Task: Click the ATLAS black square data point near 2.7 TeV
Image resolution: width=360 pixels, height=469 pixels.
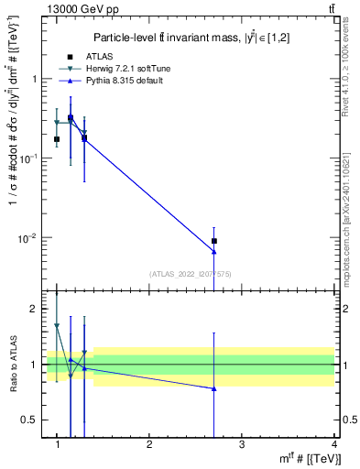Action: click(213, 241)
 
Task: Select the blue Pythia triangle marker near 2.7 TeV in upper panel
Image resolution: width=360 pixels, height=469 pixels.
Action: click(213, 251)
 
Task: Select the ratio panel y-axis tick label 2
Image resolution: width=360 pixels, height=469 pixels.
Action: click(35, 309)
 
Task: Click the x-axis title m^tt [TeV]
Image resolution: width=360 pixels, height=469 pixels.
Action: click(306, 458)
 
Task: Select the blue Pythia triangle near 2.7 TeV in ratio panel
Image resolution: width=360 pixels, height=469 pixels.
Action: click(213, 388)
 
